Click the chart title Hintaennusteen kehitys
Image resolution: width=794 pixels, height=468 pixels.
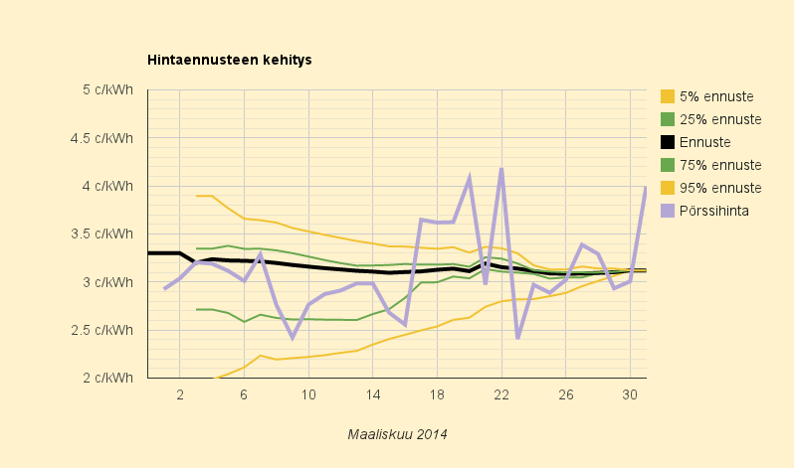(x=229, y=60)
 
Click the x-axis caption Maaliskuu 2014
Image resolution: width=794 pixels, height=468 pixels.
(x=397, y=434)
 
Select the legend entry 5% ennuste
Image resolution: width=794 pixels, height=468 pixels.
(x=716, y=97)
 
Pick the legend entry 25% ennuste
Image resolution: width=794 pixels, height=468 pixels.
(x=720, y=119)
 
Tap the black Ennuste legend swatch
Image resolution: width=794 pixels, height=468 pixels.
(x=668, y=142)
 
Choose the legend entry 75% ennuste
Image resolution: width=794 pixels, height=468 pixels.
(x=720, y=165)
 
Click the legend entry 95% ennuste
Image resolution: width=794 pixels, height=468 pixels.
(x=720, y=188)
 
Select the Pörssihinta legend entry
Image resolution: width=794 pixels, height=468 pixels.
(x=720, y=211)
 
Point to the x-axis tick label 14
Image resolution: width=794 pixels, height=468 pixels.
(x=372, y=394)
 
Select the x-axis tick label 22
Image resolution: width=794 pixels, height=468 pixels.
(x=501, y=394)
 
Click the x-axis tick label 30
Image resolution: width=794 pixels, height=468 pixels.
(x=630, y=394)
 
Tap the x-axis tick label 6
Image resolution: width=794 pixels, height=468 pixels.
(x=244, y=394)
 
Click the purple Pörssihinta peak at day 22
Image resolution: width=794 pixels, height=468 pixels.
(x=501, y=169)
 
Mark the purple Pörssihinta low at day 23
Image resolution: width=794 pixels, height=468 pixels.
(x=517, y=338)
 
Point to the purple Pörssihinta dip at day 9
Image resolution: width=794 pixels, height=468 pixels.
(x=293, y=337)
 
